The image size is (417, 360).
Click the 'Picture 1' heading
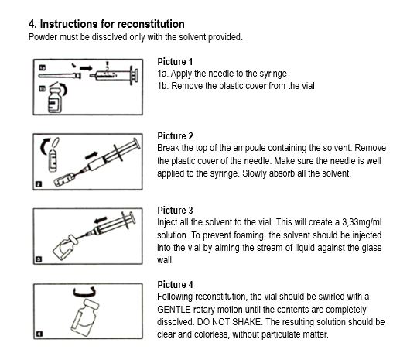click(175, 62)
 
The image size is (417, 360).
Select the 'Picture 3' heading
click(175, 211)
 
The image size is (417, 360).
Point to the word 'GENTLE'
click(174, 310)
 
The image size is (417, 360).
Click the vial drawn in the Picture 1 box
click(55, 100)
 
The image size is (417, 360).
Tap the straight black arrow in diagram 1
click(86, 68)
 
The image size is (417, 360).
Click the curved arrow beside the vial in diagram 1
click(63, 89)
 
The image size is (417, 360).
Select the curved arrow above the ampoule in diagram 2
click(44, 146)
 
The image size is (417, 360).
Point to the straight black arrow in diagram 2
click(91, 156)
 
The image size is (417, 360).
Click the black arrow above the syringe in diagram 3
click(101, 221)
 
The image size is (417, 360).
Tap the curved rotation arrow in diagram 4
click(84, 293)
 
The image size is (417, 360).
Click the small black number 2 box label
click(39, 184)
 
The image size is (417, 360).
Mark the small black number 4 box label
click(39, 334)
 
